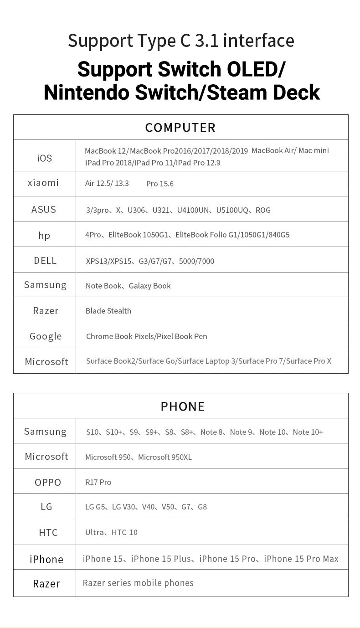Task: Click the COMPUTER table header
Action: (x=180, y=128)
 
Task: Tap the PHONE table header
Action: (x=183, y=406)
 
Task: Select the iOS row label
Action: (x=45, y=158)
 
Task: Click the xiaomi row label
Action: (x=43, y=183)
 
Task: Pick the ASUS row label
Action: (x=44, y=210)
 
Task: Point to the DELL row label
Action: (x=45, y=261)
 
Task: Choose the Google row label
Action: (x=46, y=336)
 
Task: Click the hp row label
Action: (x=44, y=235)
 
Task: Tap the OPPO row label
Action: (x=48, y=482)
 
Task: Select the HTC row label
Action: (x=48, y=532)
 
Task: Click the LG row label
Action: (x=46, y=507)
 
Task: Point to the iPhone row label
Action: (x=46, y=559)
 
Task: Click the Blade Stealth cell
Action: (x=108, y=311)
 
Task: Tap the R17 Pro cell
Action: (x=98, y=482)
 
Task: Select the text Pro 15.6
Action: (x=160, y=184)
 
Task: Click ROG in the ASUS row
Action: (x=263, y=210)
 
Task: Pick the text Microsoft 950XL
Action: (x=165, y=457)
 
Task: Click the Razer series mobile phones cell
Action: (x=138, y=583)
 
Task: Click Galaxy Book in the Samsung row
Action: (x=149, y=286)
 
